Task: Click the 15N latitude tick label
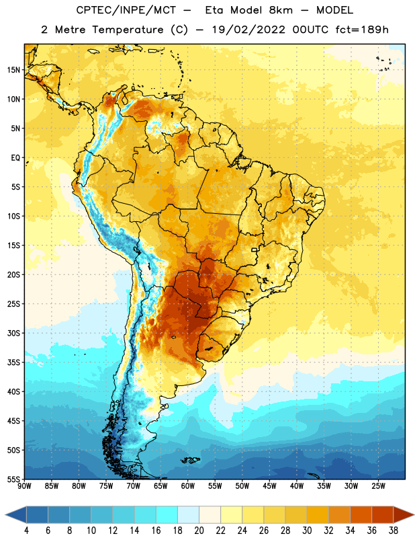(13, 70)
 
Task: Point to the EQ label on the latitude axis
(15, 158)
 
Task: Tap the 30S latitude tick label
(13, 333)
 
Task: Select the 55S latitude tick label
(13, 479)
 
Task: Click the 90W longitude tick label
(24, 486)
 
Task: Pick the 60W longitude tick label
(188, 486)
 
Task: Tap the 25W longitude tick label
(378, 486)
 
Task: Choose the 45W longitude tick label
(269, 486)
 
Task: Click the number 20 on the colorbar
(199, 531)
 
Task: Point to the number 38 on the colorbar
(394, 531)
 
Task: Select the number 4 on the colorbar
(26, 531)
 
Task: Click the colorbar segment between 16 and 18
(167, 514)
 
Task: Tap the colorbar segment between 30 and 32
(318, 514)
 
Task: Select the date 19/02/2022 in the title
(248, 30)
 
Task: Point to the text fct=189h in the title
(362, 30)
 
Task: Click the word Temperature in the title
(128, 30)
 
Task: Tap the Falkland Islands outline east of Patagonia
(191, 460)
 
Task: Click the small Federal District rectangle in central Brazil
(255, 249)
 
